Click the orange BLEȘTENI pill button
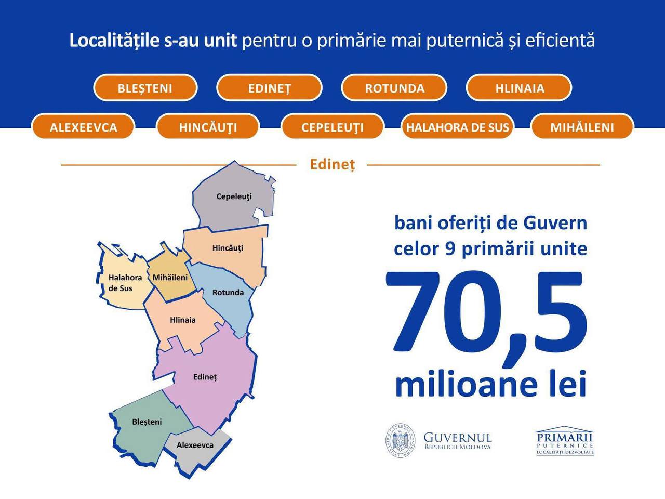pos(145,88)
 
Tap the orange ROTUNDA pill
pos(394,88)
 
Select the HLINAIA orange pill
pos(520,88)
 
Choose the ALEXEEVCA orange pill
pos(83,127)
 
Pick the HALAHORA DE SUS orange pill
pos(457,127)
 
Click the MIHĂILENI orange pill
pos(582,127)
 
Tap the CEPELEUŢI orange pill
pos(332,127)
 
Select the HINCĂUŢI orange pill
pos(208,127)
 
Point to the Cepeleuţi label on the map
pos(234,196)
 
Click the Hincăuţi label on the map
pos(228,248)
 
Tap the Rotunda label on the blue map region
pos(228,292)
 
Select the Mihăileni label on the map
pos(170,277)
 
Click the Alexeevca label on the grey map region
pos(195,445)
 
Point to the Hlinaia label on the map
pos(183,320)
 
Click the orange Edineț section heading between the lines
pos(332,165)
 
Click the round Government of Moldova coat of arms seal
pos(400,440)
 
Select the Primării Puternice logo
pos(565,441)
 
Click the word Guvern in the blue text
pos(555,223)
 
